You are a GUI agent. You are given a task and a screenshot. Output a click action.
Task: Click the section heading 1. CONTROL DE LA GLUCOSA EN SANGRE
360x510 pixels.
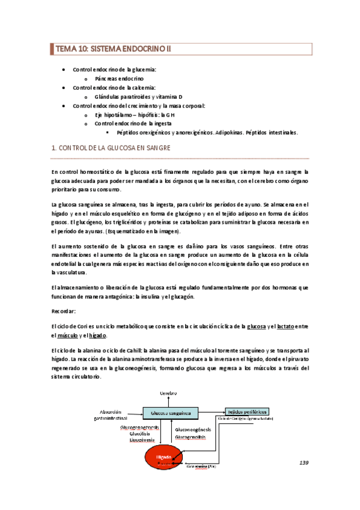[111, 147]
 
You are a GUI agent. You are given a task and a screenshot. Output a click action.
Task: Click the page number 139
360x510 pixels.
[304, 462]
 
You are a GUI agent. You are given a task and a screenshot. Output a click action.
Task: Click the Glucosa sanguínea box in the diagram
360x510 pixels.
[171, 413]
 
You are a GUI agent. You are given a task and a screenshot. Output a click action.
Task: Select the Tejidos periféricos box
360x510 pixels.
[246, 411]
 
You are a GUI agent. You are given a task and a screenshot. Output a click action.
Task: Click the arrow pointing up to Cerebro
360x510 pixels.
[169, 401]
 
